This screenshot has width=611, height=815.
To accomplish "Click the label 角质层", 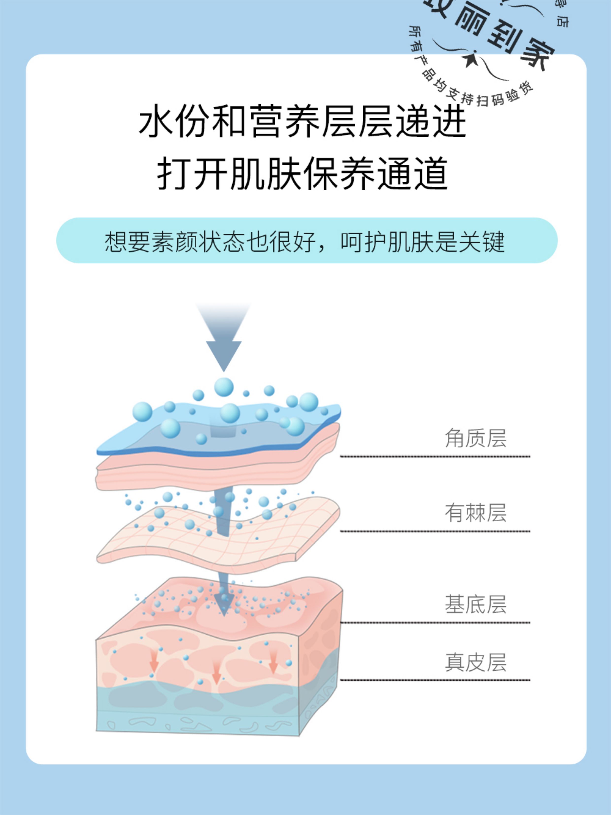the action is pos(475,439).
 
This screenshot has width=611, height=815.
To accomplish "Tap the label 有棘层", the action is pos(475,513).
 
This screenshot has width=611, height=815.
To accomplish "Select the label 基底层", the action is pos(475,604).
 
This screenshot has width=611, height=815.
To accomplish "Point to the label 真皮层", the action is pos(475,662).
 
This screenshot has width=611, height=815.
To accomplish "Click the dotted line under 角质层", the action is pos(435,457).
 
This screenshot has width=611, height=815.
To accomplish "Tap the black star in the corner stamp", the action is pos(471,60).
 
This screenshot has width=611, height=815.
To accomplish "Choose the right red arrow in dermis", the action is pos(273,662).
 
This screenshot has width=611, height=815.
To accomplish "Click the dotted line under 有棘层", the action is pos(435,531).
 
